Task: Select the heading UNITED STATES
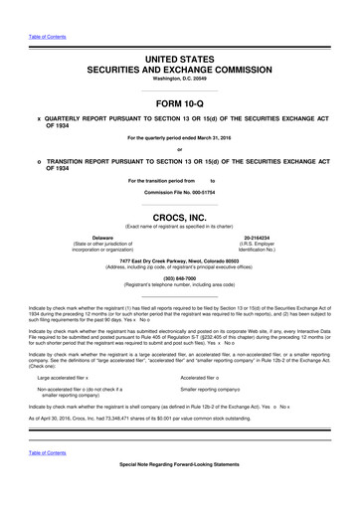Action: [x=180, y=62]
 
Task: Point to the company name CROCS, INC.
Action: [x=180, y=214]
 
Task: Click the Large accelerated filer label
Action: [x=61, y=379]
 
